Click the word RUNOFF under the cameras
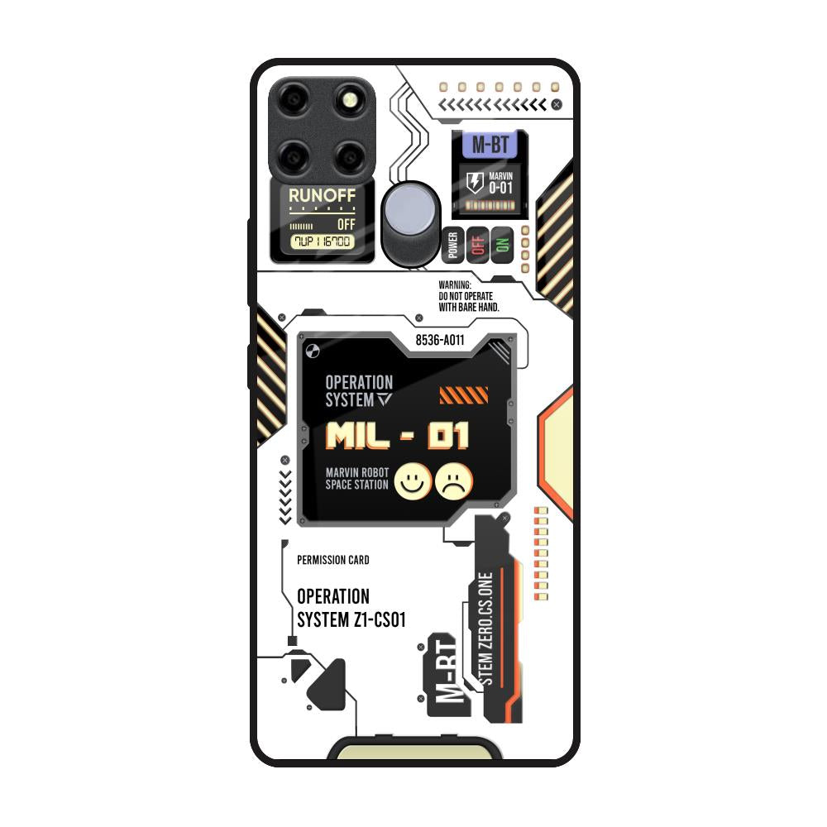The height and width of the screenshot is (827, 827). coord(322,196)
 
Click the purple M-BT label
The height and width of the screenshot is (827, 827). coord(490,146)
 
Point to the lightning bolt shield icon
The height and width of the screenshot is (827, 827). coord(476,182)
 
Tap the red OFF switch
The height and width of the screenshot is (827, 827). coord(477,245)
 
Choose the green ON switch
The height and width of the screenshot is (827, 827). coord(502,245)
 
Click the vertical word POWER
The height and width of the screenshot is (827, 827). coord(452,246)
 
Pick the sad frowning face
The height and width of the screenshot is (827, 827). coord(454,481)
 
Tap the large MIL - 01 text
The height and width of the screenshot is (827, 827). coord(398,436)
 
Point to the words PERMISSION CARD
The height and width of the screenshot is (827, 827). coord(333,560)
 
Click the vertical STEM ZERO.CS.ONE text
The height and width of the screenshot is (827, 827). coord(485,629)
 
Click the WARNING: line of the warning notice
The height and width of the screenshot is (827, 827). coord(455,285)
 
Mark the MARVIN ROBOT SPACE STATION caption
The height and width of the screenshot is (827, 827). coord(357,478)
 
